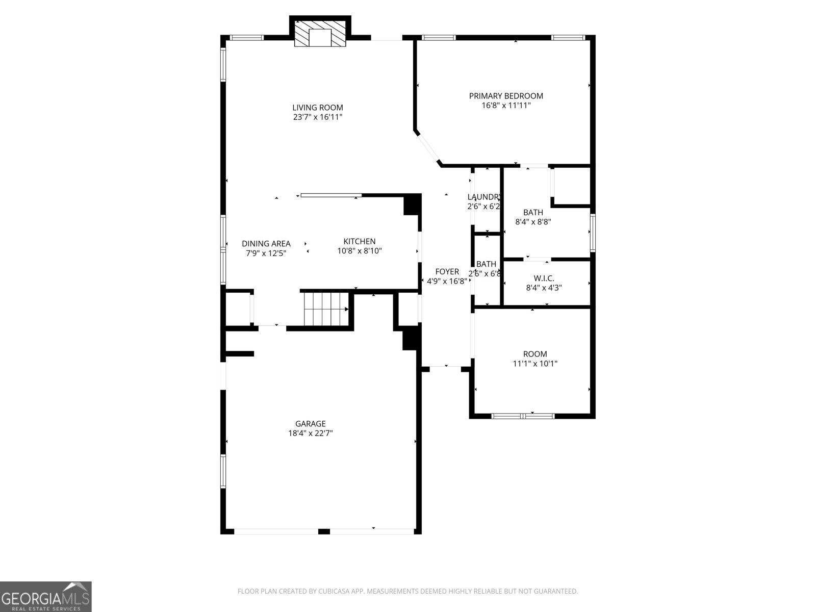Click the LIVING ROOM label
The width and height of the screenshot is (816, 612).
tap(317, 108)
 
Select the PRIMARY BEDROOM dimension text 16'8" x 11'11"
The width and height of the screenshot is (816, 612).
tap(506, 106)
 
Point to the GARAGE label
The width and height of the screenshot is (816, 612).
tap(310, 424)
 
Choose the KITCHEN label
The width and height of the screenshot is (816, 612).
tap(359, 241)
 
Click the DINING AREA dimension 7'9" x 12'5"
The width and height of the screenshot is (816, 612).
tap(266, 253)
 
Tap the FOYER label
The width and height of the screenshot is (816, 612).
tap(447, 272)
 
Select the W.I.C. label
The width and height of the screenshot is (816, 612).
tap(544, 278)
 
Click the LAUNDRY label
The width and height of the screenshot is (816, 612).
tap(484, 197)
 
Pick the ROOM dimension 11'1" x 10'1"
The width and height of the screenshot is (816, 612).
tap(535, 364)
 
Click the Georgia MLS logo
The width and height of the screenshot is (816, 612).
tap(46, 597)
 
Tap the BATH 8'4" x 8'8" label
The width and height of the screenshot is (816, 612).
tap(533, 212)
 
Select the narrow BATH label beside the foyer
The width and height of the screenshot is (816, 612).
tap(486, 264)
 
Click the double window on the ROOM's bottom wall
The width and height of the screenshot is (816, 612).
tap(523, 416)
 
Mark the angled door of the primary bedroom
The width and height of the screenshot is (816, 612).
tap(427, 148)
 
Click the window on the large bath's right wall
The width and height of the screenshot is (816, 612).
tap(593, 233)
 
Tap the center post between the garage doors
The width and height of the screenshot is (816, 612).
tap(324, 531)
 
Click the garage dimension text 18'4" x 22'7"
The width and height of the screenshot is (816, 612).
tap(310, 433)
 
